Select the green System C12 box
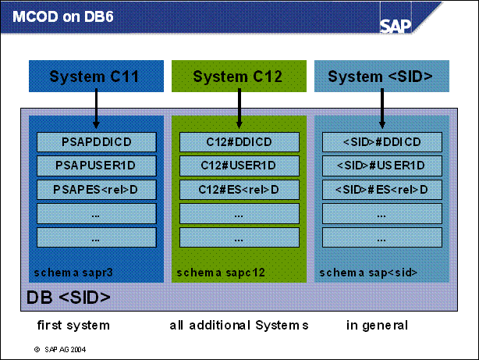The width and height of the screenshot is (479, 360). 239,77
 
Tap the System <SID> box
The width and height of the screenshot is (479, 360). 381,77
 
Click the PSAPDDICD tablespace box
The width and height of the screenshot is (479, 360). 97,142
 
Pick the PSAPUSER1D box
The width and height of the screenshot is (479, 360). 97,166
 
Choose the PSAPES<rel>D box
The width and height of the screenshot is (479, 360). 97,190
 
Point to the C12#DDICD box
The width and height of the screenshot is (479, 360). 239,142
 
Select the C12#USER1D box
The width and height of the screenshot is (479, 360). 239,166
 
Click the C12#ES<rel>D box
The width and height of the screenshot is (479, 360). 239,190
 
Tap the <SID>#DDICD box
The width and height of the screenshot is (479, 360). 382,142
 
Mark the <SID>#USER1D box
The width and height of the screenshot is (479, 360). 382,166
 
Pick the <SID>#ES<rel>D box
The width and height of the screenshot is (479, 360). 382,190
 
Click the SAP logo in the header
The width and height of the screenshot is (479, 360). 396,24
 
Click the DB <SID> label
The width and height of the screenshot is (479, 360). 69,298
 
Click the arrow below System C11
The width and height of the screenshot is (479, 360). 96,110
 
